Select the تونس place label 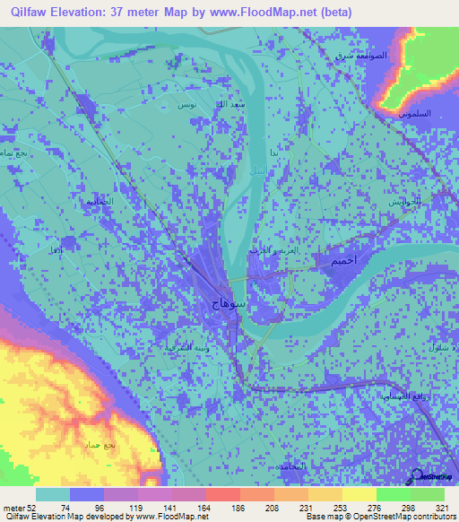click(186, 105)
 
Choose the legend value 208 click(273, 507)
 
